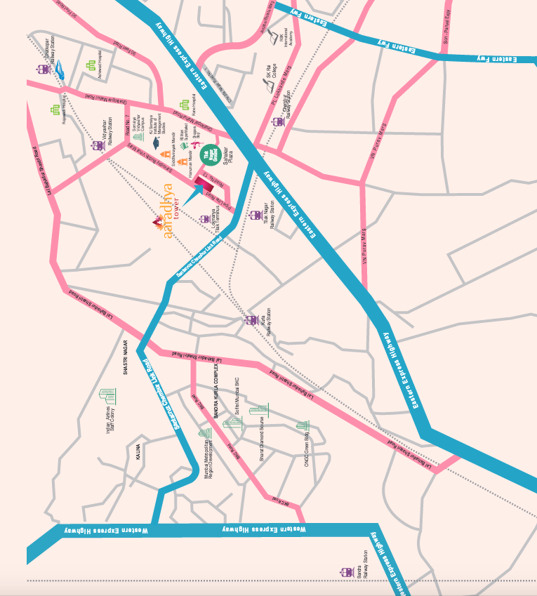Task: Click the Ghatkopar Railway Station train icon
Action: [x=44, y=69]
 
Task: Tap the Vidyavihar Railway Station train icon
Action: [x=98, y=146]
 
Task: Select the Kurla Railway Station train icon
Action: [x=251, y=320]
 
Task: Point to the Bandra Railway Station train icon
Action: [x=345, y=572]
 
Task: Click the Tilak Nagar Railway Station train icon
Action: [x=256, y=215]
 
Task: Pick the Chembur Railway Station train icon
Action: [x=278, y=121]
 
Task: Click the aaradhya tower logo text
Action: [x=167, y=211]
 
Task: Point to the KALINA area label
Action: [x=138, y=453]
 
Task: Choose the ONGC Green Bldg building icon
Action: [x=303, y=425]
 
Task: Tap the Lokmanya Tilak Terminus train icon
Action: [x=205, y=219]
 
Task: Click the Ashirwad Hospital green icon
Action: [x=91, y=65]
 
